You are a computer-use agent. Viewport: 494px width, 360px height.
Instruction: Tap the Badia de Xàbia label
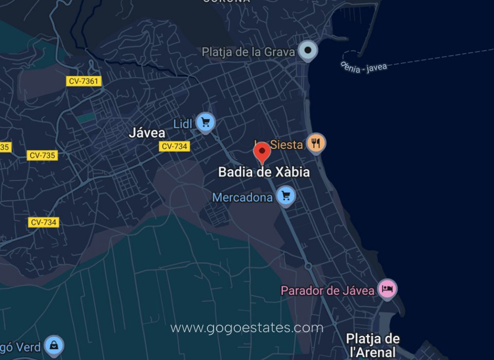click(x=264, y=172)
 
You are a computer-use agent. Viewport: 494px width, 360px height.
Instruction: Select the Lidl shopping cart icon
click(x=206, y=122)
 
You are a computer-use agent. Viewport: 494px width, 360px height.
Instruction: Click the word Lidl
click(x=183, y=124)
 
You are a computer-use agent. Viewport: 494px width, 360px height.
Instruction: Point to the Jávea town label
click(x=147, y=133)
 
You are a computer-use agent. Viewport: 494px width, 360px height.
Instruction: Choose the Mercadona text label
click(x=242, y=197)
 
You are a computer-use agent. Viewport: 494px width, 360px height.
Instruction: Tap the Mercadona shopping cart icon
click(x=286, y=195)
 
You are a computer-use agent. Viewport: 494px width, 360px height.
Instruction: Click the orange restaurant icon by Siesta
click(x=316, y=143)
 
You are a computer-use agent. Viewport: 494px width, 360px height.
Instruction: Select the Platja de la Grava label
click(x=249, y=52)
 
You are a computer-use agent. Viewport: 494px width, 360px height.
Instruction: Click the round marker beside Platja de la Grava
click(x=308, y=50)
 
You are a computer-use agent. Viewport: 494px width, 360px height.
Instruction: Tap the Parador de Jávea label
click(x=327, y=291)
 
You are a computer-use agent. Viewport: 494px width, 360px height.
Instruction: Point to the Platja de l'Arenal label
click(x=373, y=345)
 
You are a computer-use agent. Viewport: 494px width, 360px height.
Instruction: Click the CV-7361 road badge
click(x=84, y=81)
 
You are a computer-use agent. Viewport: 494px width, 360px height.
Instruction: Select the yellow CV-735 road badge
click(x=43, y=155)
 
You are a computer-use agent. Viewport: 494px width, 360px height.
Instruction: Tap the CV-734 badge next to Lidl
click(x=174, y=147)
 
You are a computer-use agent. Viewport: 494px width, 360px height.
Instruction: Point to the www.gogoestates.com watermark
click(x=247, y=328)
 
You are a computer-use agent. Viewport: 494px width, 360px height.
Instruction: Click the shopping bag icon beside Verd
click(x=54, y=346)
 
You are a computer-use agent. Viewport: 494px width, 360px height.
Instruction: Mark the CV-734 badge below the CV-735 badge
click(x=44, y=222)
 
